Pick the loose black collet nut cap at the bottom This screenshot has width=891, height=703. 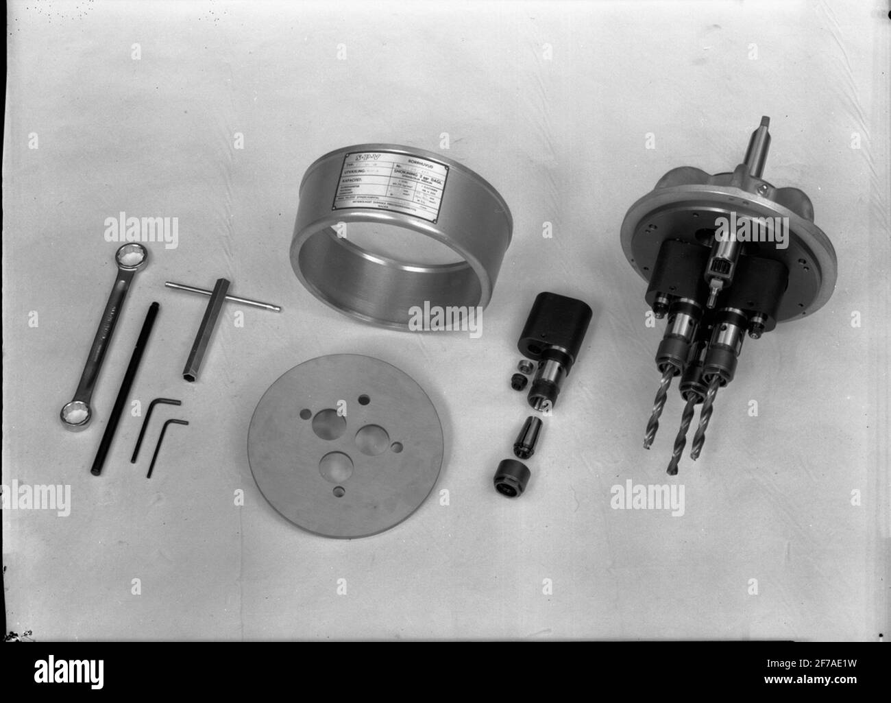[x=510, y=475]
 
